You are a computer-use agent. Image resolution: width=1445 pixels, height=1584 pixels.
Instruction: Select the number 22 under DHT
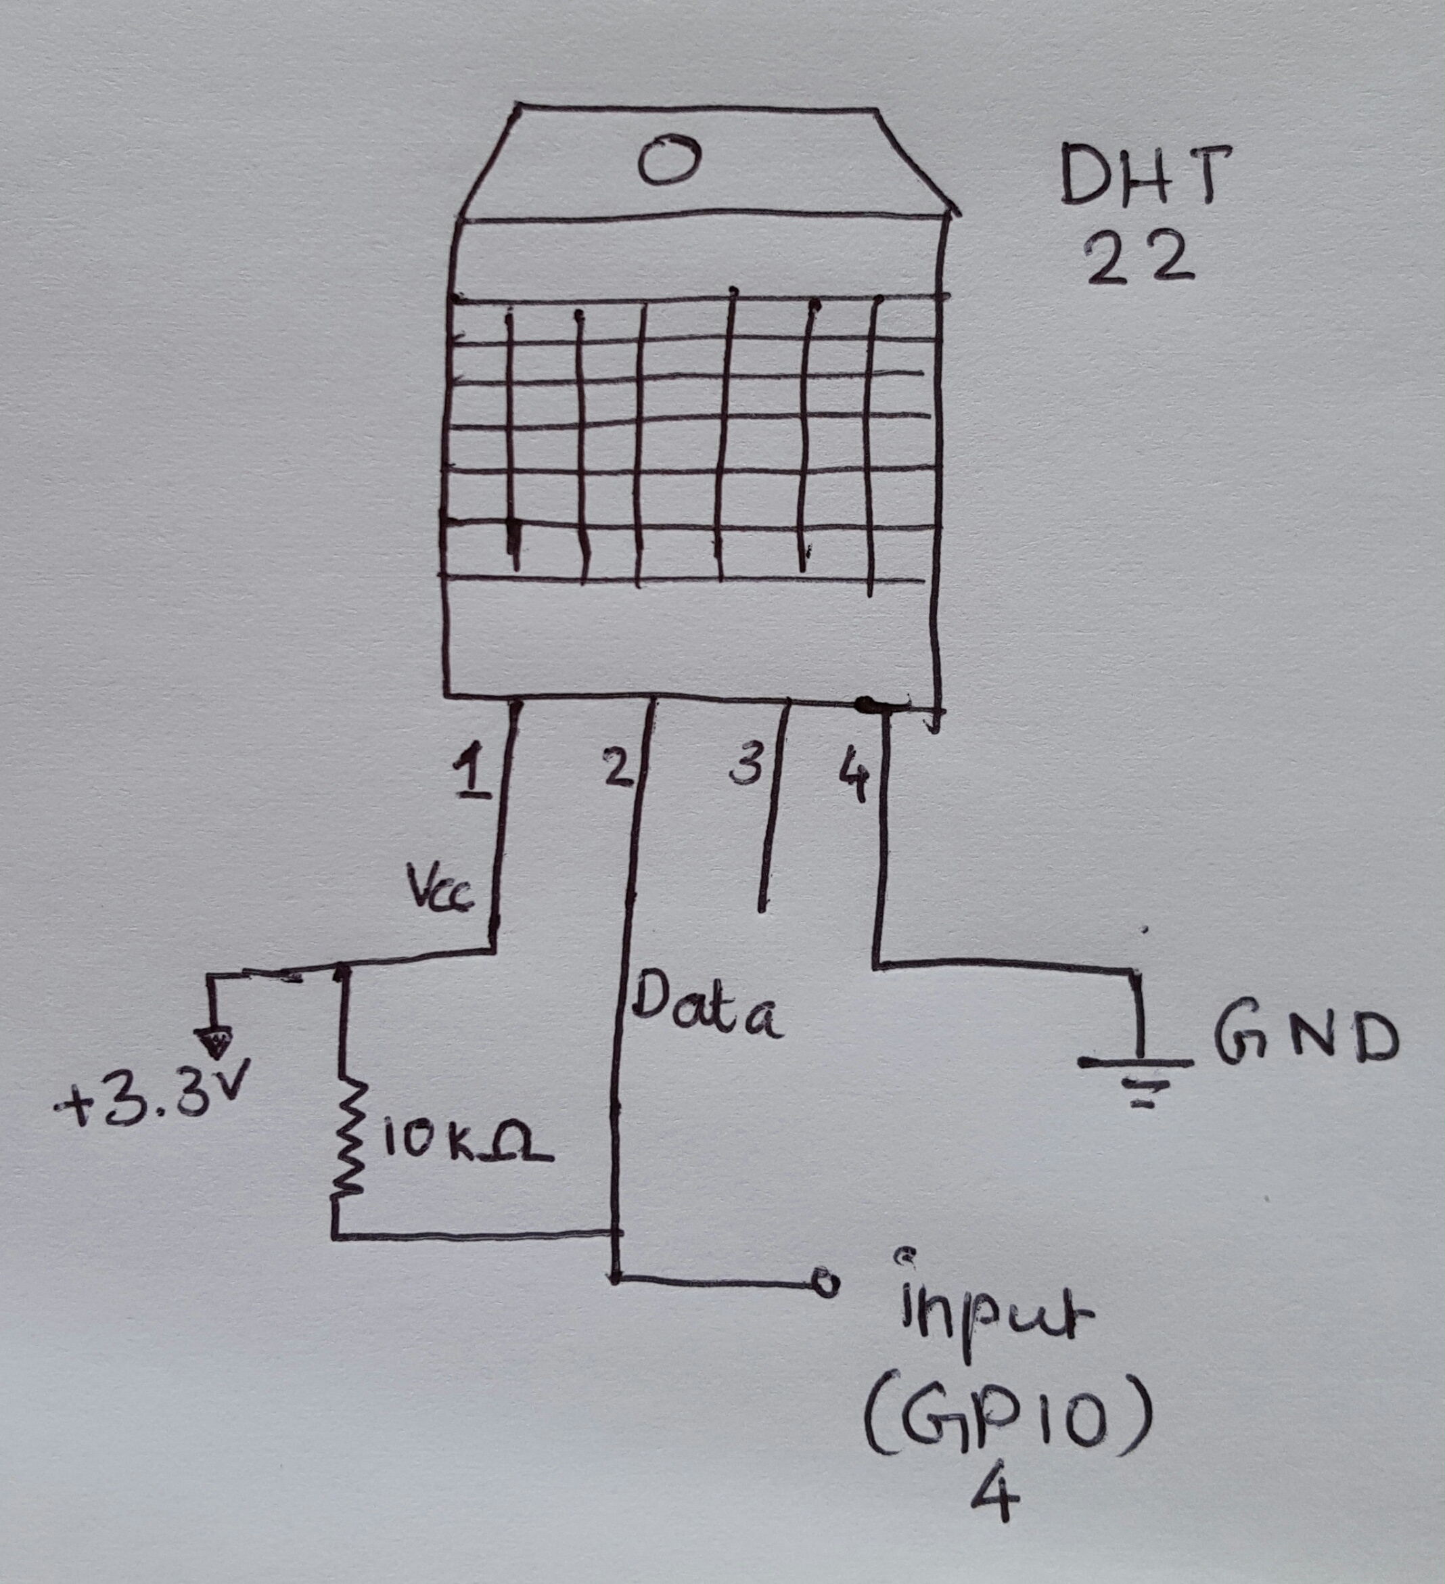point(1139,260)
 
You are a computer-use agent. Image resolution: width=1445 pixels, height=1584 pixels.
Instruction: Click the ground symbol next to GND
point(1137,1077)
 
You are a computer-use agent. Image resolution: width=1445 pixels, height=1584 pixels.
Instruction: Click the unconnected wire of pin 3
point(774,809)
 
